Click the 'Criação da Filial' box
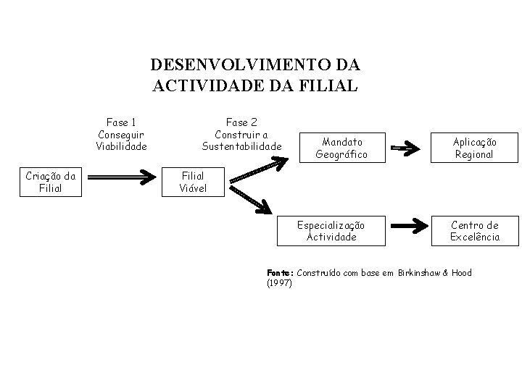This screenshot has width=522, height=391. click(x=50, y=182)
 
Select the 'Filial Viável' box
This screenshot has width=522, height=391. click(x=193, y=182)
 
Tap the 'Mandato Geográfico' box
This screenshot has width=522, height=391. click(x=341, y=148)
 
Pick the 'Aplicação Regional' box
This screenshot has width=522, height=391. click(x=474, y=148)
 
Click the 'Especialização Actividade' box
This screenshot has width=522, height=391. click(x=331, y=231)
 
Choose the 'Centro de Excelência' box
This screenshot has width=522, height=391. click(x=474, y=231)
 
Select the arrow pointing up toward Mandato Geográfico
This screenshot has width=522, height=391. click(x=254, y=172)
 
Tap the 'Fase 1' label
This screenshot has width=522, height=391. click(x=121, y=122)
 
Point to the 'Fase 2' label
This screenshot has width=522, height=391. click(x=241, y=122)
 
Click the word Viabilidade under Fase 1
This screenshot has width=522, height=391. click(x=121, y=146)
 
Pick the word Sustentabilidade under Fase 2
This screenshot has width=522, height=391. click(x=241, y=146)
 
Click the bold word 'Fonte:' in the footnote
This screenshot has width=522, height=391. click(x=280, y=272)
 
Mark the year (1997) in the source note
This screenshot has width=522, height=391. click(x=280, y=282)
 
